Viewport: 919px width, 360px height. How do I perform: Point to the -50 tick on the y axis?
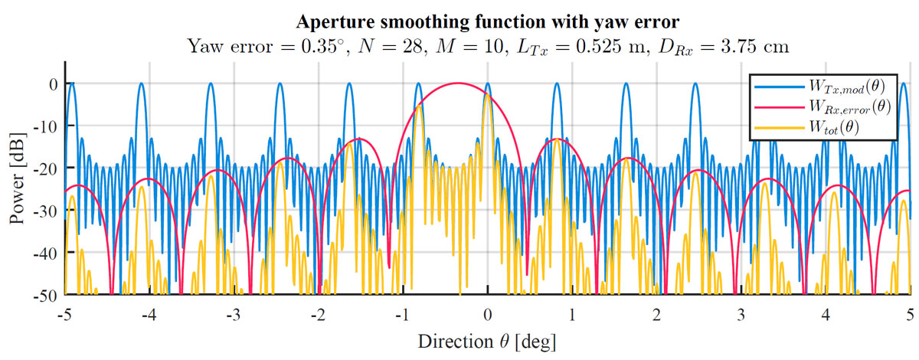(x=48, y=293)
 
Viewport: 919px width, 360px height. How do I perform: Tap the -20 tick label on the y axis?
(x=48, y=168)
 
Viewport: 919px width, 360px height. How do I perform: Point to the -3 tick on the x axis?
(x=234, y=314)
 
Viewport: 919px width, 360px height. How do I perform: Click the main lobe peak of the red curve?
(x=458, y=83)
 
